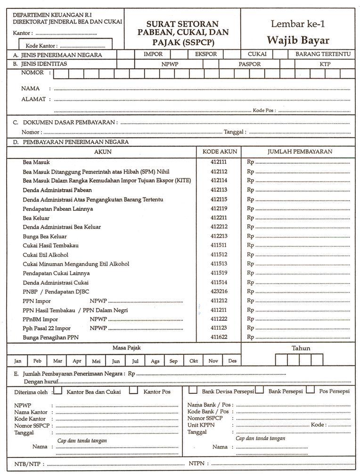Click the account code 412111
coord(219,162)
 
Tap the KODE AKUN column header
coord(219,152)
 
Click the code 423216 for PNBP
coord(219,291)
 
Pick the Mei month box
coord(96,361)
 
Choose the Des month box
coord(232,361)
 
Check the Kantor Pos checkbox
coord(134,391)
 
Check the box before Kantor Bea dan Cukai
coord(57,391)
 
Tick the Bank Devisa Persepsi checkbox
coord(193,391)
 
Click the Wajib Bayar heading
coord(298,40)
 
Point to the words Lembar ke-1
coord(298,24)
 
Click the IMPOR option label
coord(153,54)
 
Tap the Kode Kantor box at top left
coord(66,45)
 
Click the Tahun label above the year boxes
coord(301,348)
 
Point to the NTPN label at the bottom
coord(197,464)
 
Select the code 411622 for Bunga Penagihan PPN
coord(219,337)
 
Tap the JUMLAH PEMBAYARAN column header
coord(300,152)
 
